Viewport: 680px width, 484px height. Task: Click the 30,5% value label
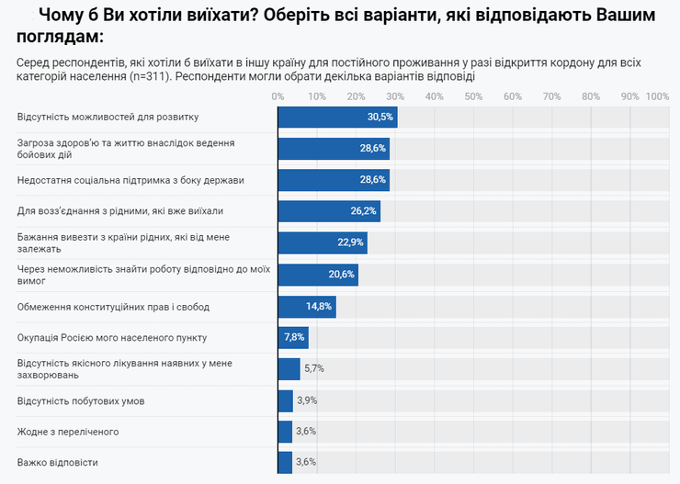380,117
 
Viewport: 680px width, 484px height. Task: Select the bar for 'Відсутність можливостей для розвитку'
337,117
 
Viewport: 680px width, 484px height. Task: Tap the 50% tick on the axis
473,96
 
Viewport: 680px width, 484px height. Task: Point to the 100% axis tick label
657,96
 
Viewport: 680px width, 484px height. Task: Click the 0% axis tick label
278,96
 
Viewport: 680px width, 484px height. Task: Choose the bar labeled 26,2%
329,211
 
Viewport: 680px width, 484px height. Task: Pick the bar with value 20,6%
318,275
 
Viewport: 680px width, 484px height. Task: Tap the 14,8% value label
320,306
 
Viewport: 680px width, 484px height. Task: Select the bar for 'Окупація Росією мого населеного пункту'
293,337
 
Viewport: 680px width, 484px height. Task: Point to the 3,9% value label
307,400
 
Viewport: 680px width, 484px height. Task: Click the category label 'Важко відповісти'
58,462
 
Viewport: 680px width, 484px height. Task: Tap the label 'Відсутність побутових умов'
81,400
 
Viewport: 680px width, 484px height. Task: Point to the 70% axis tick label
551,96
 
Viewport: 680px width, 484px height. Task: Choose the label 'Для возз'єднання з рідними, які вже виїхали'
119,211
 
